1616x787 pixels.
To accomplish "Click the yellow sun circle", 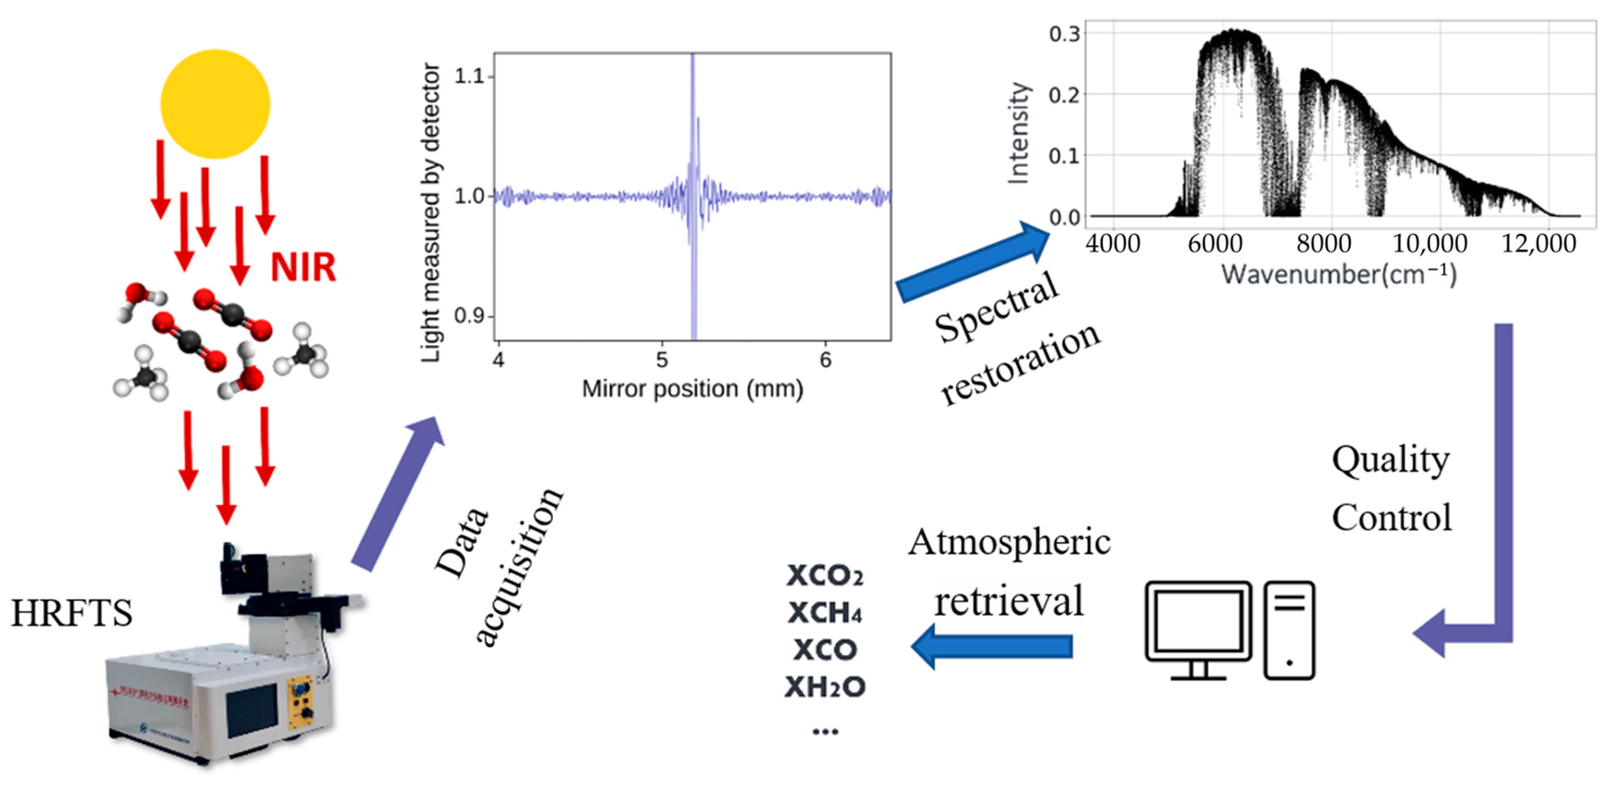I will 215,104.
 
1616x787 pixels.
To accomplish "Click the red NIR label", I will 303,267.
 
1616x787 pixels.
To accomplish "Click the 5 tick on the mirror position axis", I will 662,360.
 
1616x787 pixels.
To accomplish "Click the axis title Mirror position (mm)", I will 693,389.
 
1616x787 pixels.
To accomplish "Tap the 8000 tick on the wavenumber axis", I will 1323,243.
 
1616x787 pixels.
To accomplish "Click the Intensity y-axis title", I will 1018,133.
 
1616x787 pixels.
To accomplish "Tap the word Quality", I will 1390,460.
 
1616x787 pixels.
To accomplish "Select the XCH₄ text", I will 825,613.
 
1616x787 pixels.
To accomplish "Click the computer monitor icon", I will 1198,627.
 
